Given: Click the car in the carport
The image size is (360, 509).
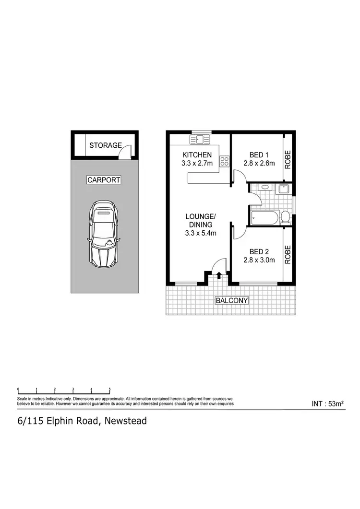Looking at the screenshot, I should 103,234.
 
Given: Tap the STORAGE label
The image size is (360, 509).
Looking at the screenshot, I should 105,145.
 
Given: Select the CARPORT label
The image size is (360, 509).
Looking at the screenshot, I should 104,180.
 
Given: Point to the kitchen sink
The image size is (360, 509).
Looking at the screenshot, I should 200,140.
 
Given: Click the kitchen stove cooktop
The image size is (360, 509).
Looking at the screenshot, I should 225,162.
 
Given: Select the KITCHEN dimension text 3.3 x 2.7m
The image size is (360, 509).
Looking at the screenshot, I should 196,163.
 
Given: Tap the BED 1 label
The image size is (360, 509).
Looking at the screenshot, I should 259,155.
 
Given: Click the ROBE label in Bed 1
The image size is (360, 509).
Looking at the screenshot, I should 288,160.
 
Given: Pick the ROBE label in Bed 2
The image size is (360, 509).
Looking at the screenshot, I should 288,255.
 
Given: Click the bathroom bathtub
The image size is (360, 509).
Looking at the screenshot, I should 263,219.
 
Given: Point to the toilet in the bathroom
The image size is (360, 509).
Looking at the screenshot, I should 285,218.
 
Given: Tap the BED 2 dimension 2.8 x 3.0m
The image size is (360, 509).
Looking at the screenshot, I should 259,260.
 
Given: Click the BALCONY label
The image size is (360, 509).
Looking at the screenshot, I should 231,301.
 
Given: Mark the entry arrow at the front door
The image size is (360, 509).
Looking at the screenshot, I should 219,275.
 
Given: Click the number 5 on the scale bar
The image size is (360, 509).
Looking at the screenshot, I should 110,390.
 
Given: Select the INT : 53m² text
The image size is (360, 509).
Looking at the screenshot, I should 328,404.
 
